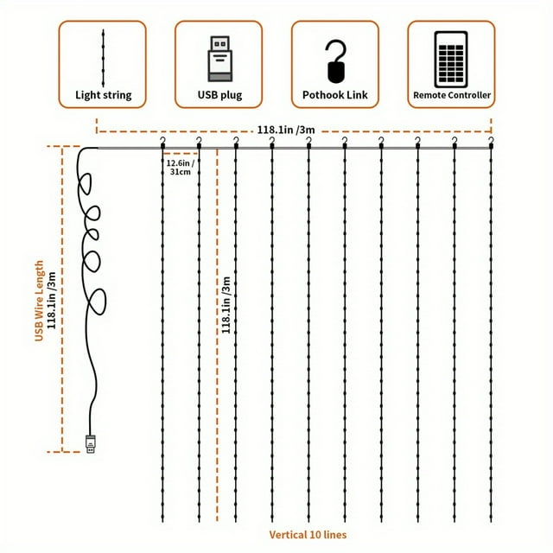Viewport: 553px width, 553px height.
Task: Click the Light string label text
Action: pos(104,95)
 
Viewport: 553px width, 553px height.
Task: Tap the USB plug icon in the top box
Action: pos(219,59)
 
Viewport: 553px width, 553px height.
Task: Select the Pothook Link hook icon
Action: pos(335,61)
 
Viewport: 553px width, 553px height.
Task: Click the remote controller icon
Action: pos(451,60)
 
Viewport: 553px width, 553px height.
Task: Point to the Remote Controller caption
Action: pos(452,95)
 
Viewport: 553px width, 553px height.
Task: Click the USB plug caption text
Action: pos(219,95)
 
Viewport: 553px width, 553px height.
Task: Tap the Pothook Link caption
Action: pos(335,95)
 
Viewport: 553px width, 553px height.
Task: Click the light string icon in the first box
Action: pos(103,58)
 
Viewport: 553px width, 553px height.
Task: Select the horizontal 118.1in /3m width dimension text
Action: pos(286,130)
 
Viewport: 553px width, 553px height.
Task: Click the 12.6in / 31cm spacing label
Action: pos(181,168)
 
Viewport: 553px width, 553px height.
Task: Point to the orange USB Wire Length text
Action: pos(39,301)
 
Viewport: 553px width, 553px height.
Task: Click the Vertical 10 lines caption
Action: pos(308,535)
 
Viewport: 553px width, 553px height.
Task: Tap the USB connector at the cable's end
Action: pos(91,444)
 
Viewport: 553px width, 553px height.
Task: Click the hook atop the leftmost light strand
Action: pos(162,142)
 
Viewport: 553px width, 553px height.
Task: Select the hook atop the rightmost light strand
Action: pos(491,142)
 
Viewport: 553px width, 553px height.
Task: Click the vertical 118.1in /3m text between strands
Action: pos(226,305)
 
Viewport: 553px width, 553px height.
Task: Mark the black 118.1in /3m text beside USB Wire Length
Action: pos(52,301)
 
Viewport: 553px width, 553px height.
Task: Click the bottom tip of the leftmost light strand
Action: pos(162,522)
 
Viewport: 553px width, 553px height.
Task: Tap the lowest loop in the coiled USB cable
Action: pos(98,302)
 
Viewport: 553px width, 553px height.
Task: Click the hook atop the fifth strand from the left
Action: pos(309,142)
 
